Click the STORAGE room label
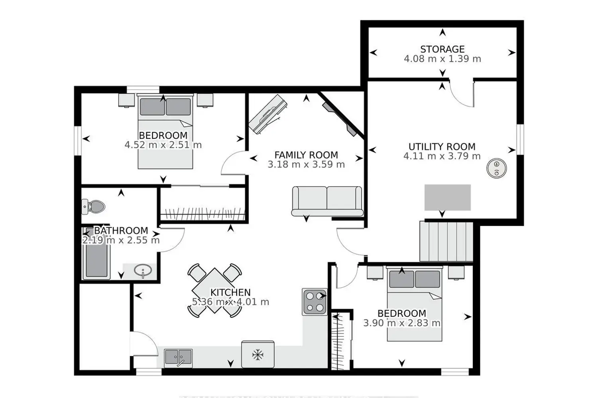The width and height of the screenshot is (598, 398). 443,49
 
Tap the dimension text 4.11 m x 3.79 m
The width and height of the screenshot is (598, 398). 442,156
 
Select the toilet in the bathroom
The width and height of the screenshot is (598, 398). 93,207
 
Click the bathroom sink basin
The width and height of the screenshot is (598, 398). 143,271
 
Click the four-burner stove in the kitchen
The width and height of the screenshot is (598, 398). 315,302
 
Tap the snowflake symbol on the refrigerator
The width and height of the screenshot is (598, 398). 258,355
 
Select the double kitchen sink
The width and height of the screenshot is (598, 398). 178,358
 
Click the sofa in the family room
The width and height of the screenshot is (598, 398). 327,201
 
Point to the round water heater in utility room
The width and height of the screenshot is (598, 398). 497,168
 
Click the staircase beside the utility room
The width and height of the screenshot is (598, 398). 446,242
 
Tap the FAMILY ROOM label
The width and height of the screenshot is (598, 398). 306,155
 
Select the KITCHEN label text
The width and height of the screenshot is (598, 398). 231,293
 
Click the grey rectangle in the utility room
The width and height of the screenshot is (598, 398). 448,197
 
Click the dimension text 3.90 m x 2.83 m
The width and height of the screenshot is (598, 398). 402,323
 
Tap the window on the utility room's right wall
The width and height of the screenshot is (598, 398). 520,139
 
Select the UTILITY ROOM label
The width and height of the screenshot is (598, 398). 442,146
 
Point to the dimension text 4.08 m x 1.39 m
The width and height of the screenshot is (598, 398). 443,59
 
